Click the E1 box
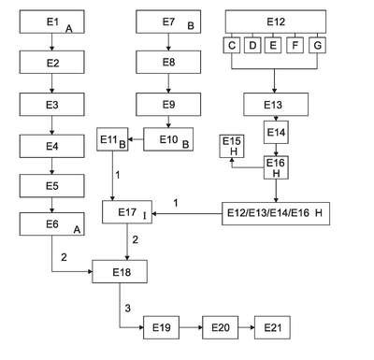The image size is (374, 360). pyautogui.click(x=51, y=22)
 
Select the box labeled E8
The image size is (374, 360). pyautogui.click(x=168, y=62)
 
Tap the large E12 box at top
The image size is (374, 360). pyautogui.click(x=276, y=22)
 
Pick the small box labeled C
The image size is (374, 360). pyautogui.click(x=232, y=46)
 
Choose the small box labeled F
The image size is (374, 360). pyautogui.click(x=295, y=46)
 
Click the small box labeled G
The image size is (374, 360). pyautogui.click(x=317, y=46)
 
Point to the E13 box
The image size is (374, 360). pyautogui.click(x=276, y=105)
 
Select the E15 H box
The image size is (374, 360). pyautogui.click(x=232, y=146)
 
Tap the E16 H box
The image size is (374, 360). pyautogui.click(x=276, y=167)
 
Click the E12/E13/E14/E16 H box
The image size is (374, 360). pyautogui.click(x=276, y=213)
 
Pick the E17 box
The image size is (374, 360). pyautogui.click(x=127, y=212)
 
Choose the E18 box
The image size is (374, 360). pyautogui.click(x=120, y=272)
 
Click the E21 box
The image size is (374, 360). pyautogui.click(x=272, y=327)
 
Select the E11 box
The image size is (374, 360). pyautogui.click(x=112, y=139)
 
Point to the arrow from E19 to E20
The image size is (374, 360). pyautogui.click(x=191, y=327)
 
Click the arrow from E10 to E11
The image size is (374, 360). pyautogui.click(x=136, y=139)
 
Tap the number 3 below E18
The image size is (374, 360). pyautogui.click(x=128, y=309)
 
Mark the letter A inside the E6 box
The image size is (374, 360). pyautogui.click(x=77, y=230)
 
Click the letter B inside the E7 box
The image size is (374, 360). pyautogui.click(x=191, y=26)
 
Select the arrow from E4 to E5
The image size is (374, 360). pyautogui.click(x=52, y=166)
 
